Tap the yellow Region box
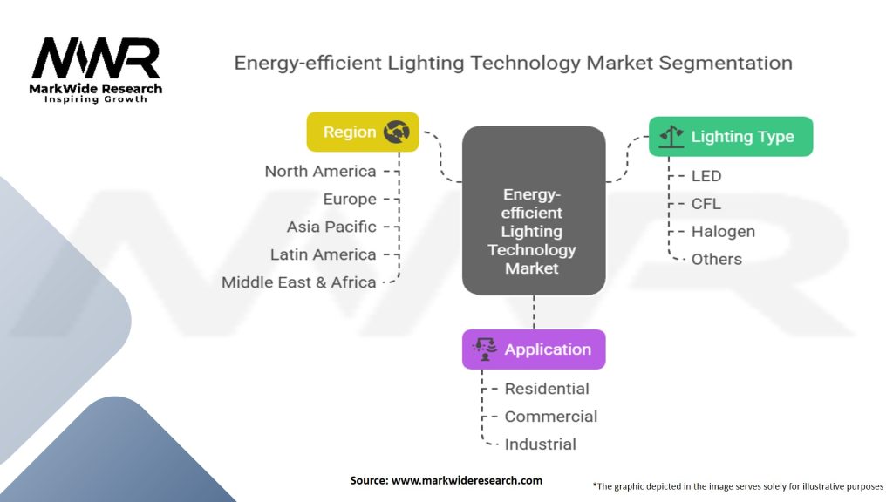click(x=362, y=132)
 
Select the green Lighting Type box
click(x=731, y=136)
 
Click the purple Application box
click(x=533, y=349)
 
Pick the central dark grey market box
click(x=533, y=210)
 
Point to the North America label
click(x=320, y=171)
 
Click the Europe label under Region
click(x=349, y=199)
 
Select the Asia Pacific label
click(x=331, y=227)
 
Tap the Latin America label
click(x=323, y=254)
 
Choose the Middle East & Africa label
click(x=298, y=282)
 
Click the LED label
click(x=706, y=175)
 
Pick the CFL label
click(x=706, y=203)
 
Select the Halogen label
click(x=723, y=231)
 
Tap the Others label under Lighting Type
click(x=717, y=259)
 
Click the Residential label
click(x=547, y=389)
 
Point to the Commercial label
click(x=551, y=417)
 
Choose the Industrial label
click(x=540, y=444)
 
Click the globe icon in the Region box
click(x=397, y=132)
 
